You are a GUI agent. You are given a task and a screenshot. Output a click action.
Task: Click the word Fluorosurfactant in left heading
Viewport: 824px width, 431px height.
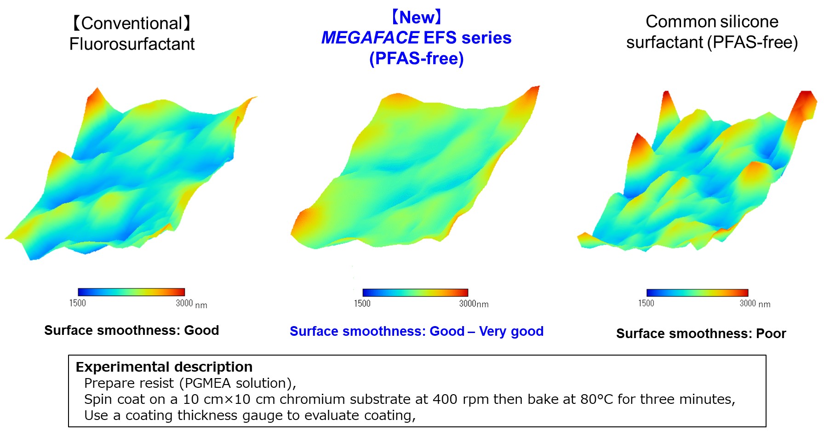click(132, 44)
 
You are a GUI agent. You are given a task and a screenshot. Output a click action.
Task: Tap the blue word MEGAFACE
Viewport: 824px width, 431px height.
click(370, 38)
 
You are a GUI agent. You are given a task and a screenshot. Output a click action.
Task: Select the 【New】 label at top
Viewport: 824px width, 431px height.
click(416, 17)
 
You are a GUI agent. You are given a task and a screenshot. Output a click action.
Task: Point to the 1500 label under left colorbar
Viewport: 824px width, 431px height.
click(77, 303)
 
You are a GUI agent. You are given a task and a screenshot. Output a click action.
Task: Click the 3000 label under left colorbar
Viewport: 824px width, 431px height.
click(184, 303)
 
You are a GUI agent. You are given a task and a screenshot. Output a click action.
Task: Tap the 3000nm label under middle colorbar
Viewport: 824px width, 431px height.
click(474, 304)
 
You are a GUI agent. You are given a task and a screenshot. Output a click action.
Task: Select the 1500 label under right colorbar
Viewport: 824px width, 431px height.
click(646, 303)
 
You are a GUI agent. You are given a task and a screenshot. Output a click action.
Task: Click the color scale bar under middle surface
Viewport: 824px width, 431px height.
click(415, 293)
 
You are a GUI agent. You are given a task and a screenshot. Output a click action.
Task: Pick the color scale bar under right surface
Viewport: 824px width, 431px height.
click(697, 293)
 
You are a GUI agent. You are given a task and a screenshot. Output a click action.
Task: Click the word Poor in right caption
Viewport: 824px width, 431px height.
click(771, 333)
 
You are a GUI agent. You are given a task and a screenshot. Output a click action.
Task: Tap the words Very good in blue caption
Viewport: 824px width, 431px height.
click(511, 331)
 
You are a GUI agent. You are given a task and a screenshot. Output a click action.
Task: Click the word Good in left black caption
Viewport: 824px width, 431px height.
click(201, 330)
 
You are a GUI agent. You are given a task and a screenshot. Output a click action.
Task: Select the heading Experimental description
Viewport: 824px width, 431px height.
click(164, 367)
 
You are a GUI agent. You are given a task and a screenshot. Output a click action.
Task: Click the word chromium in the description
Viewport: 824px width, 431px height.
click(312, 399)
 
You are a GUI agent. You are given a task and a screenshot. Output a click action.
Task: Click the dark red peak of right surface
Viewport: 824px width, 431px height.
click(807, 101)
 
